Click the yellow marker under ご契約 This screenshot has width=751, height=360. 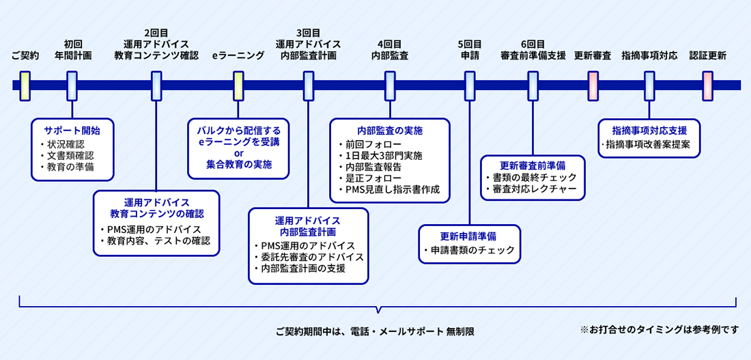coord(25,85)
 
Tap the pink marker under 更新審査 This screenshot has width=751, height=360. coord(593,85)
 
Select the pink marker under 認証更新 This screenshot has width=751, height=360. coord(707,85)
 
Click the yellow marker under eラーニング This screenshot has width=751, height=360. coord(238,85)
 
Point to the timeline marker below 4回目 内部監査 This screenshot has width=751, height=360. coord(390,85)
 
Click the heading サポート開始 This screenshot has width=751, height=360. coord(72,130)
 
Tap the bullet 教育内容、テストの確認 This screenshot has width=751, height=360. coord(157,240)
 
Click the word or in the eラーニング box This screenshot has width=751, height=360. coord(239,153)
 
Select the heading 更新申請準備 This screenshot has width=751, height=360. coord(468,236)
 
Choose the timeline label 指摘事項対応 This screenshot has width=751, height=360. coord(649,55)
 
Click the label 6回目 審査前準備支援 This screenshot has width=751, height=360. coord(533,50)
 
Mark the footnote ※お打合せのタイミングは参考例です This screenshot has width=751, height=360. coord(660,329)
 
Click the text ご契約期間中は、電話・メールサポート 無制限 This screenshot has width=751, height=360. coord(375,331)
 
